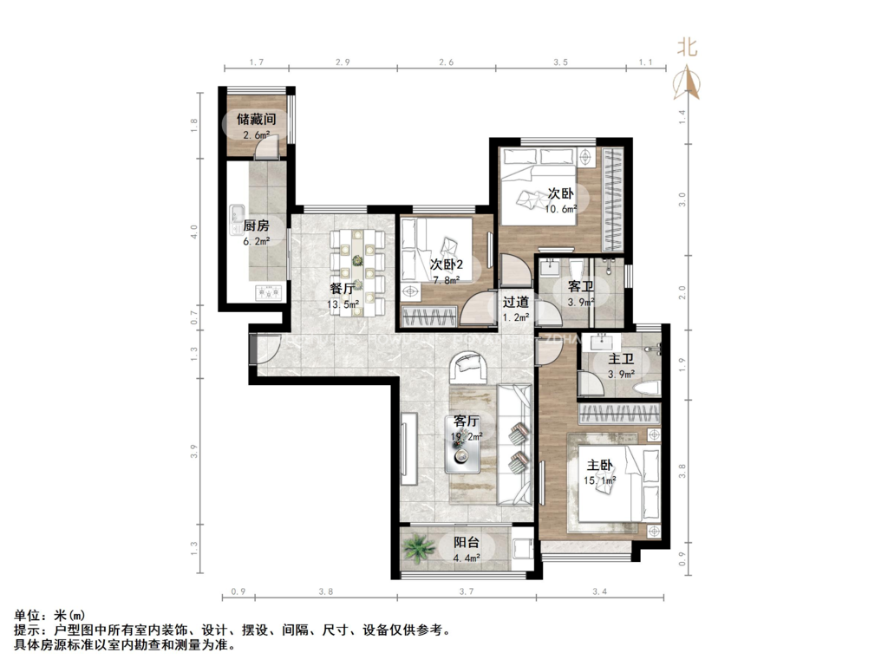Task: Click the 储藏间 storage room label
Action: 250,120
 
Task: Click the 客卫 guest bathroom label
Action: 580,286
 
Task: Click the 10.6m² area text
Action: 561,209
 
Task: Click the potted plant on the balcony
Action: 421,548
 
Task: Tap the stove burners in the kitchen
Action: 270,294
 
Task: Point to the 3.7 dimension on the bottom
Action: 466,592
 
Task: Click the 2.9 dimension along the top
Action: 343,62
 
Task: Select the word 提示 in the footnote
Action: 27,630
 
